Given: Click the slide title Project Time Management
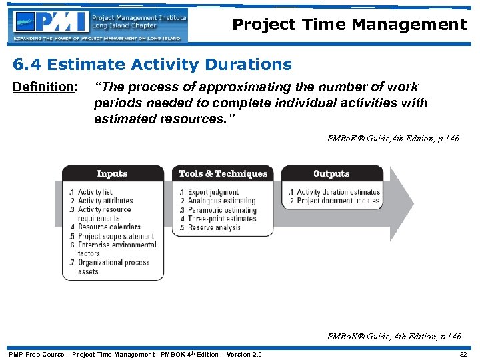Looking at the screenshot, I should pyautogui.click(x=349, y=25).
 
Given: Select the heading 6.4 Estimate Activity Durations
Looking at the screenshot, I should pyautogui.click(x=153, y=65).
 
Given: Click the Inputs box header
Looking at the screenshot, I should pyautogui.click(x=112, y=173).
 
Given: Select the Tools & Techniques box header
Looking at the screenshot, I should pyautogui.click(x=223, y=173).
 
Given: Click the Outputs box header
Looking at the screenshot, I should pyautogui.click(x=331, y=173).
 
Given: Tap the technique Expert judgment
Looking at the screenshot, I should pyautogui.click(x=213, y=192).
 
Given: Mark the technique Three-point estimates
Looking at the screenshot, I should pyautogui.click(x=221, y=219).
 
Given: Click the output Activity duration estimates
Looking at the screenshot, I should pyautogui.click(x=337, y=192).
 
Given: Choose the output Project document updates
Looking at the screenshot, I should pyautogui.click(x=337, y=201).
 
